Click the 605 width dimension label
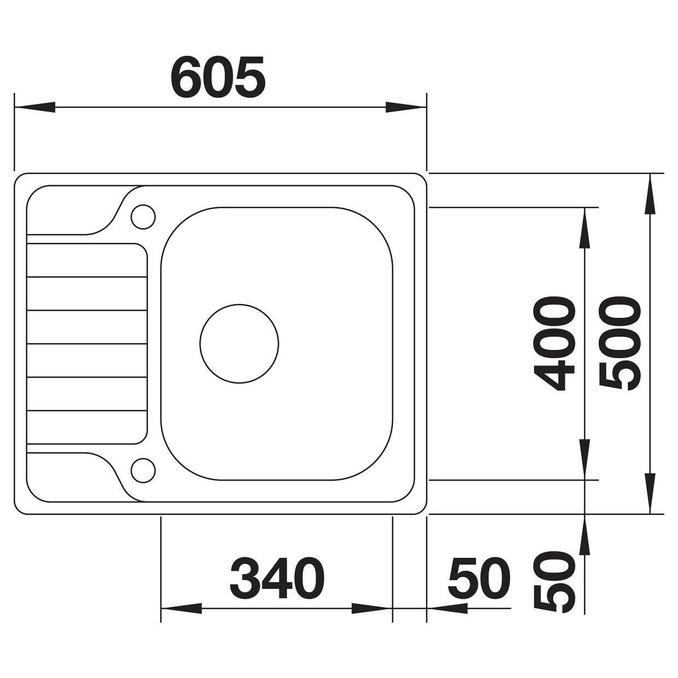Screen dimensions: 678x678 (218, 77)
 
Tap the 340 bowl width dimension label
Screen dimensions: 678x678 (277, 577)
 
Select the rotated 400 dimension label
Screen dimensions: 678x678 (554, 343)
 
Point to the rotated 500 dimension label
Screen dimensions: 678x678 (619, 343)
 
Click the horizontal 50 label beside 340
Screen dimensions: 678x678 (479, 577)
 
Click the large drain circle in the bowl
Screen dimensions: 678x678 (239, 343)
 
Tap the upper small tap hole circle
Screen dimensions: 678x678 (143, 217)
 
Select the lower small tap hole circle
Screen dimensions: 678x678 (143, 470)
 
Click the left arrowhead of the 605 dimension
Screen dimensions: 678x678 (34, 107)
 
